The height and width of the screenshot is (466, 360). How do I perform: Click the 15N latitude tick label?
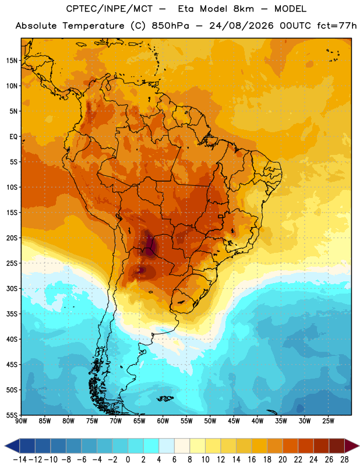coord(12,61)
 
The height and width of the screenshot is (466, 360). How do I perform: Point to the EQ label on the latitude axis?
coord(13,137)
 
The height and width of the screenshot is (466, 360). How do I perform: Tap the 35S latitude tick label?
coord(12,314)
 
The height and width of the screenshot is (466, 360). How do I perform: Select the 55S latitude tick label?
coord(12,415)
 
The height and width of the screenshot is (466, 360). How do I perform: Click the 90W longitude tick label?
coord(21,421)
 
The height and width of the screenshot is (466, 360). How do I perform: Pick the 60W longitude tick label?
coord(163,421)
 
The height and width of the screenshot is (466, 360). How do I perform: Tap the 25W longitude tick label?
coord(328,421)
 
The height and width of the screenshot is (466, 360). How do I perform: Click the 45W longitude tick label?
coord(234,421)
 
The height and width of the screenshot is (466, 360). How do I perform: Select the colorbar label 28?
coord(344,460)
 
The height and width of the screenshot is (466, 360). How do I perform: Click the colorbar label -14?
coord(20,460)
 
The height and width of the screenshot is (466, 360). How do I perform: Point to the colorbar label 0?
coord(128,460)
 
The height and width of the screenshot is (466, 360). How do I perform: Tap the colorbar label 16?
coord(252,460)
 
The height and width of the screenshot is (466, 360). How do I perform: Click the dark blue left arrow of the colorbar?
coord(12,446)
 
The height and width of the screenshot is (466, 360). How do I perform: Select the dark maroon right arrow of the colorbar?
coord(352,446)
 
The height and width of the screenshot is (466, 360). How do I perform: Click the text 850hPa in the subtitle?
coord(170,26)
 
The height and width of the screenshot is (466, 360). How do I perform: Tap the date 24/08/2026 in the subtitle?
coord(241,26)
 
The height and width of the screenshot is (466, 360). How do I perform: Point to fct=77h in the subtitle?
coord(337,26)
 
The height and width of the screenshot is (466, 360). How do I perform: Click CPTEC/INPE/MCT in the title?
coord(110,9)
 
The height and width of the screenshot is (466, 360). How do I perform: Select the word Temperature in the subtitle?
coord(93,26)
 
